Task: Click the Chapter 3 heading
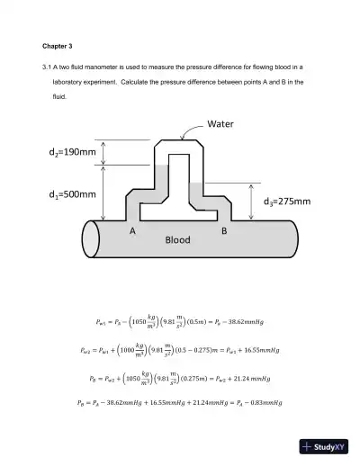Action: coord(57,46)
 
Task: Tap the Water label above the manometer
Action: coord(223,123)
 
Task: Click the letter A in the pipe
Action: coord(132,231)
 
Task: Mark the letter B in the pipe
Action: coord(223,231)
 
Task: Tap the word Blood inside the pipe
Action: coord(178,241)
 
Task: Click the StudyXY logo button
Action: coord(324,446)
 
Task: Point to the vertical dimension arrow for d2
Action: coord(106,152)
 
